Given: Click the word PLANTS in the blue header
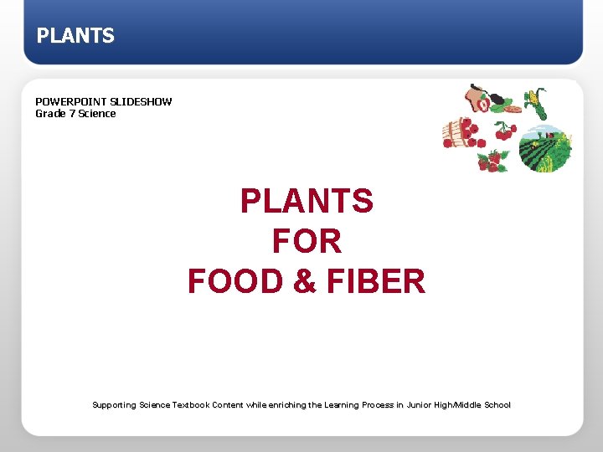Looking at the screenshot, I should [x=75, y=36].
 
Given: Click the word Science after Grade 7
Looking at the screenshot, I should [x=97, y=114].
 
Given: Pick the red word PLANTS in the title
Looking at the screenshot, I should [x=307, y=202].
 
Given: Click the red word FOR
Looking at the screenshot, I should [x=307, y=242].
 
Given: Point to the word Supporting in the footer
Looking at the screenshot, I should [x=114, y=405].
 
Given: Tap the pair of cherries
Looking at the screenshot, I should [x=504, y=131].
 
